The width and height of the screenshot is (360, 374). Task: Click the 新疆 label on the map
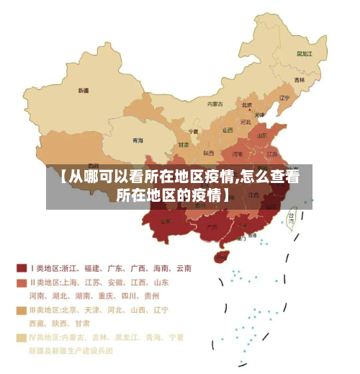84,91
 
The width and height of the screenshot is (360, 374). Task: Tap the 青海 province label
138,141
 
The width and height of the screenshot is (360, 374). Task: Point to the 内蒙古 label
215,104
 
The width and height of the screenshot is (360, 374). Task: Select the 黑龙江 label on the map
305,53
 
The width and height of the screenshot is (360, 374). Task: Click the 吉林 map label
299,79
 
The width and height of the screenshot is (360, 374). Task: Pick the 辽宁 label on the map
284,98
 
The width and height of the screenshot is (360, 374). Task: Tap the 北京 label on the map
247,104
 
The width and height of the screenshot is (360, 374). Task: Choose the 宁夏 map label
193,132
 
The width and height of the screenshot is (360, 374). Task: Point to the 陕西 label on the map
209,153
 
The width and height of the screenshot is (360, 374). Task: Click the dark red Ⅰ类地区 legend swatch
22,268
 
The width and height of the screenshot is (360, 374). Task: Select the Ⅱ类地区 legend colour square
22,282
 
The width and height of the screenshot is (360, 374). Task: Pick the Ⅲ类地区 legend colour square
22,310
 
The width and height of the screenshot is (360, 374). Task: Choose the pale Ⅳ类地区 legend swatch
22,337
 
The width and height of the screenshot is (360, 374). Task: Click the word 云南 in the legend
183,268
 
